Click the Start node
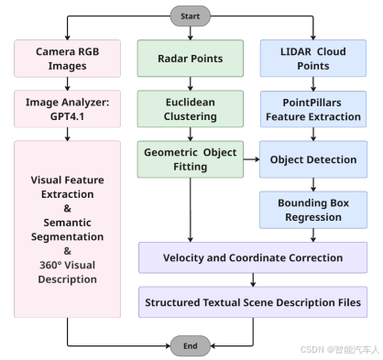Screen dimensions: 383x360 [190, 16]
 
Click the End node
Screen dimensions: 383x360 [190, 345]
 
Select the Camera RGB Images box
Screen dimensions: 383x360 [67, 59]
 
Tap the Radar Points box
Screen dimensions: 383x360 [191, 59]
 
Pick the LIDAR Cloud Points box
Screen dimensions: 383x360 [313, 59]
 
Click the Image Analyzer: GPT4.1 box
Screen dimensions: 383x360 [67, 109]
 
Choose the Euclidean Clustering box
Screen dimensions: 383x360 [191, 109]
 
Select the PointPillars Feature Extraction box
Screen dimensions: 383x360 [313, 109]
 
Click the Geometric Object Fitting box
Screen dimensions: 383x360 [191, 159]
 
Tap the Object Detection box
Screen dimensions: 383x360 [313, 159]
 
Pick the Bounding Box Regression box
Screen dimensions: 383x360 [313, 210]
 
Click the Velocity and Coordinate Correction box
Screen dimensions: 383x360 [253, 257]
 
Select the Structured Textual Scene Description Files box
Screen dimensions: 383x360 [253, 302]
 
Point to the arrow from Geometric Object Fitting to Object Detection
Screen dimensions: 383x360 [251, 159]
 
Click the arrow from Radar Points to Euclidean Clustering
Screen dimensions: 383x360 [191, 83]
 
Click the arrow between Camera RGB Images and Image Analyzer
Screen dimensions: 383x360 [67, 83]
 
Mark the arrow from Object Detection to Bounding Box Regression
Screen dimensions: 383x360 [313, 184]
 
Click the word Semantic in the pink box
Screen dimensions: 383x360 [67, 223]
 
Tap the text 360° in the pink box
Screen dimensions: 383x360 [50, 265]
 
